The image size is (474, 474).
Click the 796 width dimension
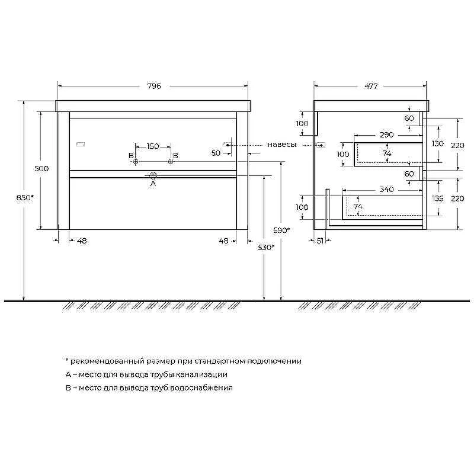point(154,86)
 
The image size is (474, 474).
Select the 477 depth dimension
point(371,86)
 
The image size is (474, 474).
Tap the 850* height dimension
point(25,198)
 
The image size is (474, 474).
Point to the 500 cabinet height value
point(41,168)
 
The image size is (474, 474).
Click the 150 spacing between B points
point(153,146)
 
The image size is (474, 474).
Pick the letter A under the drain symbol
point(153,184)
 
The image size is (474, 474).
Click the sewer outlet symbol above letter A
point(153,175)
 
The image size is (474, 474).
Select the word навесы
point(282,145)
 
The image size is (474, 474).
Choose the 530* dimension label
point(266,248)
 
